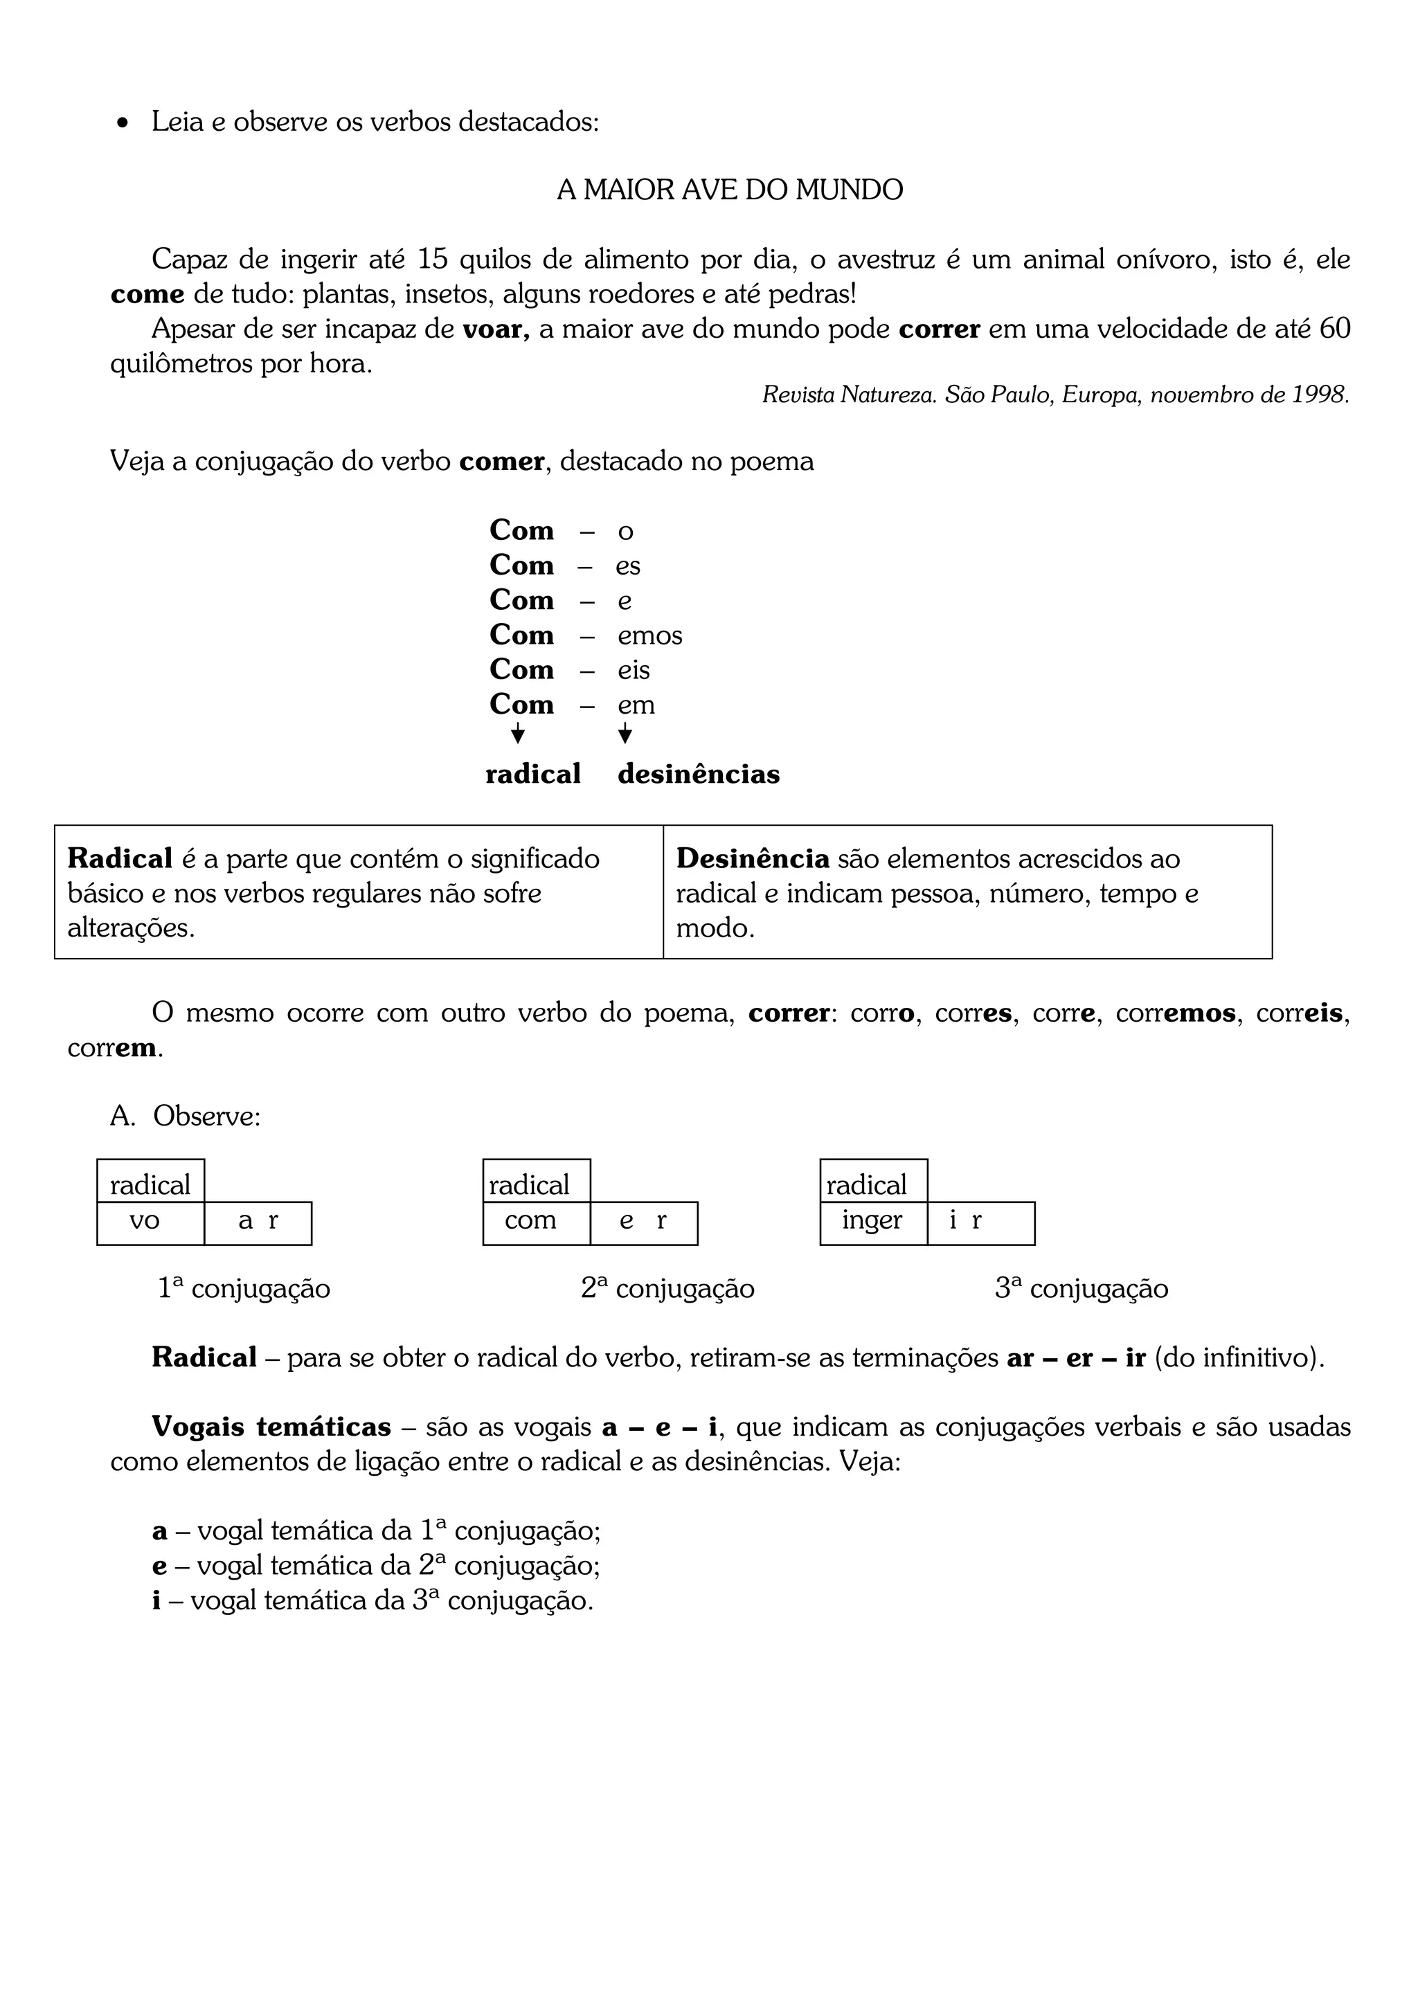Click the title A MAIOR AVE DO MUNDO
[x=730, y=190]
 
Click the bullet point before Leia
[x=123, y=123]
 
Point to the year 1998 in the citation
[x=1318, y=395]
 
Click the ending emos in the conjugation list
[x=649, y=635]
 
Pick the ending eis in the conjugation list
[x=634, y=670]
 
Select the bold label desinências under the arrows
[x=698, y=774]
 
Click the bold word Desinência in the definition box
[x=752, y=859]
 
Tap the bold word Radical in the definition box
[x=120, y=859]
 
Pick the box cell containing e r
[x=643, y=1222]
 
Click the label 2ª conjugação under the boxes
[x=667, y=1289]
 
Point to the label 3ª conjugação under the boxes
[x=1081, y=1289]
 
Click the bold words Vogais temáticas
[x=271, y=1427]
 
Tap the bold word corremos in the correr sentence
[x=1175, y=1013]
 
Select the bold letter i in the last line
[x=156, y=1600]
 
